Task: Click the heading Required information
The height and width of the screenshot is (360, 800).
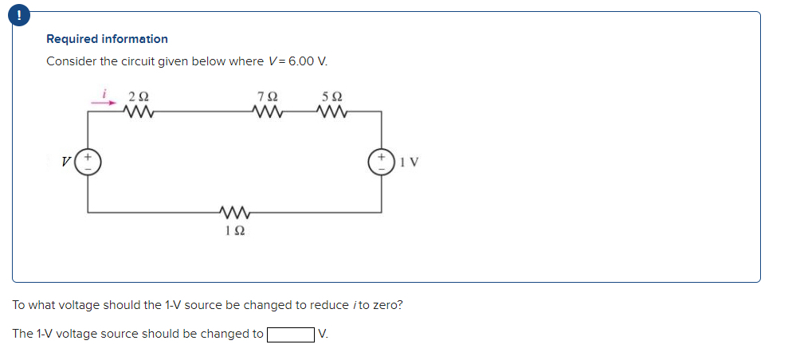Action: point(107,38)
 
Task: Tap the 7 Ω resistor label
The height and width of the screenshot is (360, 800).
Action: point(268,97)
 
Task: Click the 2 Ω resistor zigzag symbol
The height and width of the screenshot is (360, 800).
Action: point(139,112)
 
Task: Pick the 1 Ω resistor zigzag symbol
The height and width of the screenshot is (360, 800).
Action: point(234,213)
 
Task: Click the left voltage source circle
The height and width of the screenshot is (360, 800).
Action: point(88,162)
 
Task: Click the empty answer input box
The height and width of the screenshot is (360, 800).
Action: point(289,334)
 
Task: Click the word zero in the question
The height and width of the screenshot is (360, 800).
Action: point(389,305)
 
